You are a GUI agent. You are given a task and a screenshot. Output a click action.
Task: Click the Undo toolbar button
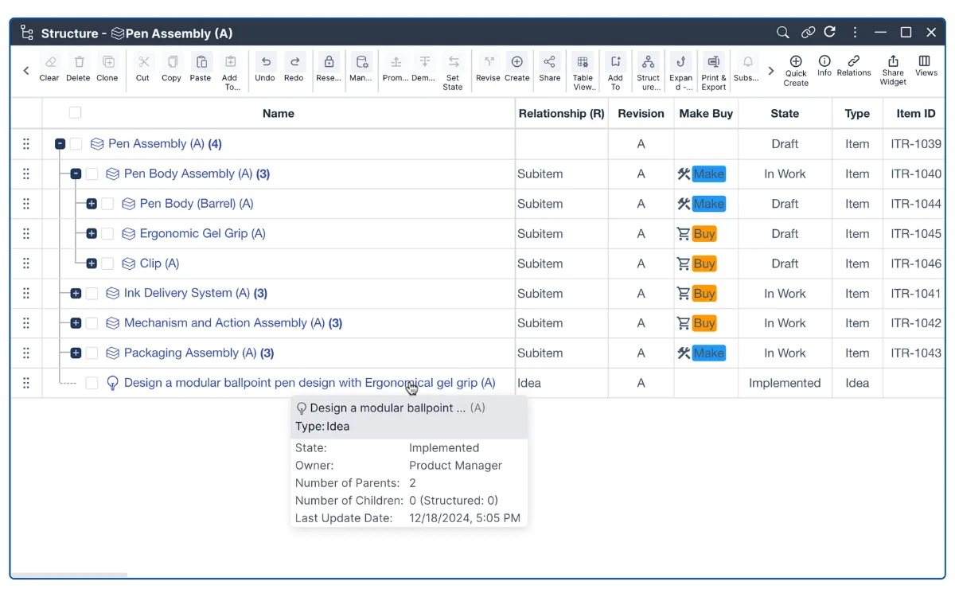265,68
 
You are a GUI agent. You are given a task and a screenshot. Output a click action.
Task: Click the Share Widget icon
893,61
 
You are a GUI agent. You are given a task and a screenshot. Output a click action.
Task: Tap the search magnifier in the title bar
782,33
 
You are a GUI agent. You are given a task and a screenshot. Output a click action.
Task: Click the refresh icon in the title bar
829,33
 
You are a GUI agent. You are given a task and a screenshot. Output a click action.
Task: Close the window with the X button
931,33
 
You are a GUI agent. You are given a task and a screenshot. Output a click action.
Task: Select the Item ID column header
915,113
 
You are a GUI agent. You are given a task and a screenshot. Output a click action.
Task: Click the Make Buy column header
706,113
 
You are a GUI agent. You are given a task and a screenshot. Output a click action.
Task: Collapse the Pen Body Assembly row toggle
76,174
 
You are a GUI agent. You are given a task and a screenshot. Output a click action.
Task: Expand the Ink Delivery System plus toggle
76,294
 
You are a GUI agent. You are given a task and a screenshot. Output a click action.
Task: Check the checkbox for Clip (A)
107,263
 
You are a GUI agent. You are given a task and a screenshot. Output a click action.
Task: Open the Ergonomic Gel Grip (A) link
202,233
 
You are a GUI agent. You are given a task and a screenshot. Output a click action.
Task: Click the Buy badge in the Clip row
704,263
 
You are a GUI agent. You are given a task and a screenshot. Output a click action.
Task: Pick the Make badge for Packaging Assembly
708,353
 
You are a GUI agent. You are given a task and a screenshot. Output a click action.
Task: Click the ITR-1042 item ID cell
915,323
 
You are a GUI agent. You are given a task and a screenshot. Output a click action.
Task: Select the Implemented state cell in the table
785,383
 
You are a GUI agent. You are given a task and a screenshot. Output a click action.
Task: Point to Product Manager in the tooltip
455,465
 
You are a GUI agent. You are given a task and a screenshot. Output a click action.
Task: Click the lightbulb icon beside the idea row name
112,383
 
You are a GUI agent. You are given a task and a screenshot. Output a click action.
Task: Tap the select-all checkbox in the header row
75,113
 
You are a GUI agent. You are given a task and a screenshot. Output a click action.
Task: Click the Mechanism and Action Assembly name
224,323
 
